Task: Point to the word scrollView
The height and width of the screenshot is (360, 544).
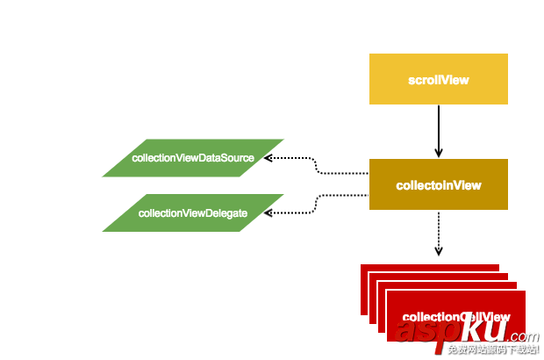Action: (x=438, y=80)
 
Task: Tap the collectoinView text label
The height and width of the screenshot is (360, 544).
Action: (x=438, y=185)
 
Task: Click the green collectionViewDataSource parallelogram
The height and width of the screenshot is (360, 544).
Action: (x=193, y=158)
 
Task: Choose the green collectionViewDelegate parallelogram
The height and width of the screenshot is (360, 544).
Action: (x=193, y=212)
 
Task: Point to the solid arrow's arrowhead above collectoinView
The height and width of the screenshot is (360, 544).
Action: (x=438, y=152)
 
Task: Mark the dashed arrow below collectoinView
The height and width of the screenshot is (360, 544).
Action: (x=438, y=230)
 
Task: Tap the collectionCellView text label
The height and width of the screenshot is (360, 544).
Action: (x=455, y=317)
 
